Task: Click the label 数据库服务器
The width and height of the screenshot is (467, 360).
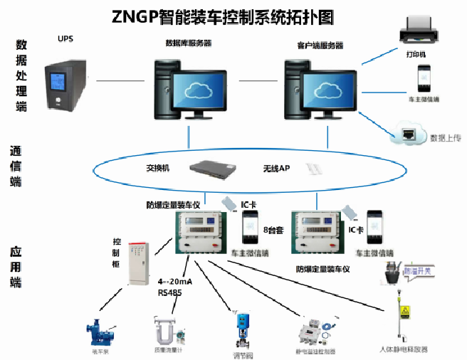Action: click(188, 43)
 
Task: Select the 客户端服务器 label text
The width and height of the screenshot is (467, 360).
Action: click(320, 46)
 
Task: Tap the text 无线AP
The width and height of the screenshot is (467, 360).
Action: click(276, 169)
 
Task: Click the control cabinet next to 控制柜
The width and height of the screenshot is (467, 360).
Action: click(138, 263)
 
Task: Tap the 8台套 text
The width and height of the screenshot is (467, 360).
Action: click(273, 230)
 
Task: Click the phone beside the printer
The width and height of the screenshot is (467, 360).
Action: click(424, 78)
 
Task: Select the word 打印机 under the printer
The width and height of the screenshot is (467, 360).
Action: click(416, 54)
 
